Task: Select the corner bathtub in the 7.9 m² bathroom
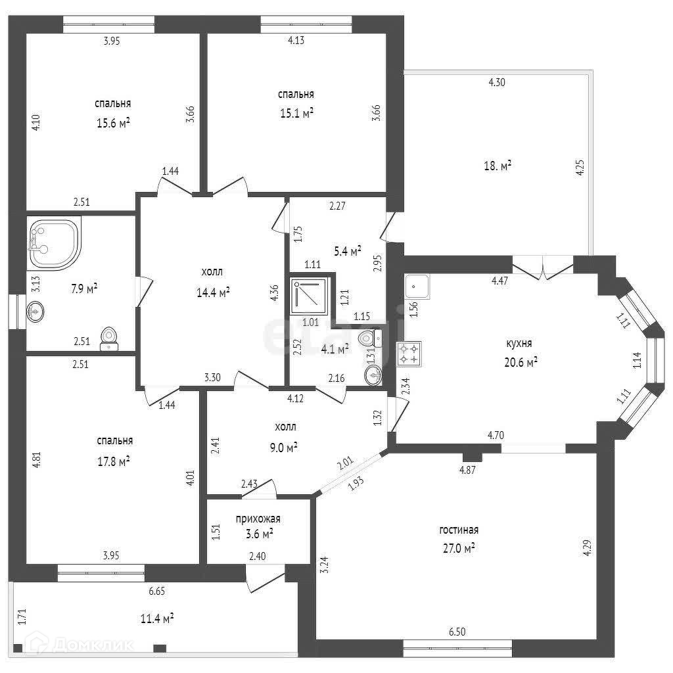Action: [53, 243]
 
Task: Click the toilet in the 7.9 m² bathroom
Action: [109, 338]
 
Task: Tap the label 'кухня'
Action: [519, 343]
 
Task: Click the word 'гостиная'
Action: [459, 530]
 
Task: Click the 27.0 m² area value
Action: [460, 547]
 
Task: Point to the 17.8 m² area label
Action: [113, 461]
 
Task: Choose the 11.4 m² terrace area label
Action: [157, 618]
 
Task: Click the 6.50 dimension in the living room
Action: [457, 632]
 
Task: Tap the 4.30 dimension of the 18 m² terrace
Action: [496, 82]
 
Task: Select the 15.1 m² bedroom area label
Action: [296, 112]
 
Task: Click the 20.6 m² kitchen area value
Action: [522, 361]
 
